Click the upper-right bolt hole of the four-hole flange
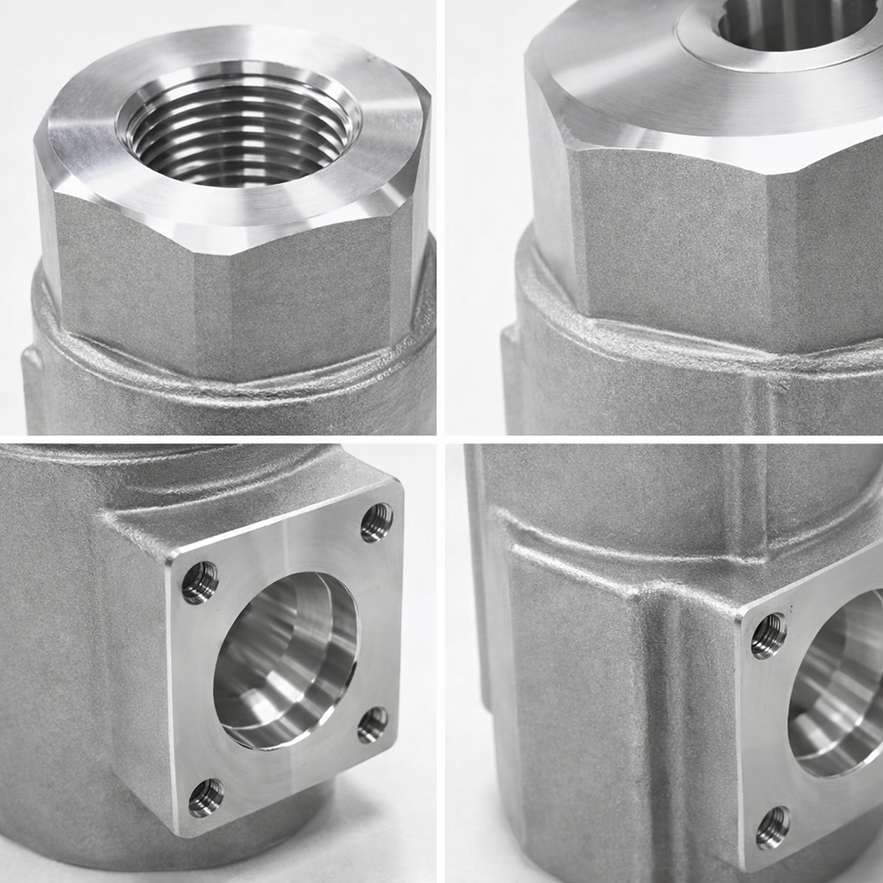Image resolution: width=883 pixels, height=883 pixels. [376, 522]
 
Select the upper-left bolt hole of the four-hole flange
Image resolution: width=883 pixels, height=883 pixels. [200, 583]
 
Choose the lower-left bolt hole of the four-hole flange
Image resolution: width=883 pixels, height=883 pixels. [206, 797]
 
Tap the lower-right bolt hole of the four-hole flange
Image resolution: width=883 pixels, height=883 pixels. [373, 725]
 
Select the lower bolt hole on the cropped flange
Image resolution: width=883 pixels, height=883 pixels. [773, 827]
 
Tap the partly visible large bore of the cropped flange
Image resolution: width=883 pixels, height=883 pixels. [839, 689]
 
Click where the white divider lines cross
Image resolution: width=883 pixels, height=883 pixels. [441, 439]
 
